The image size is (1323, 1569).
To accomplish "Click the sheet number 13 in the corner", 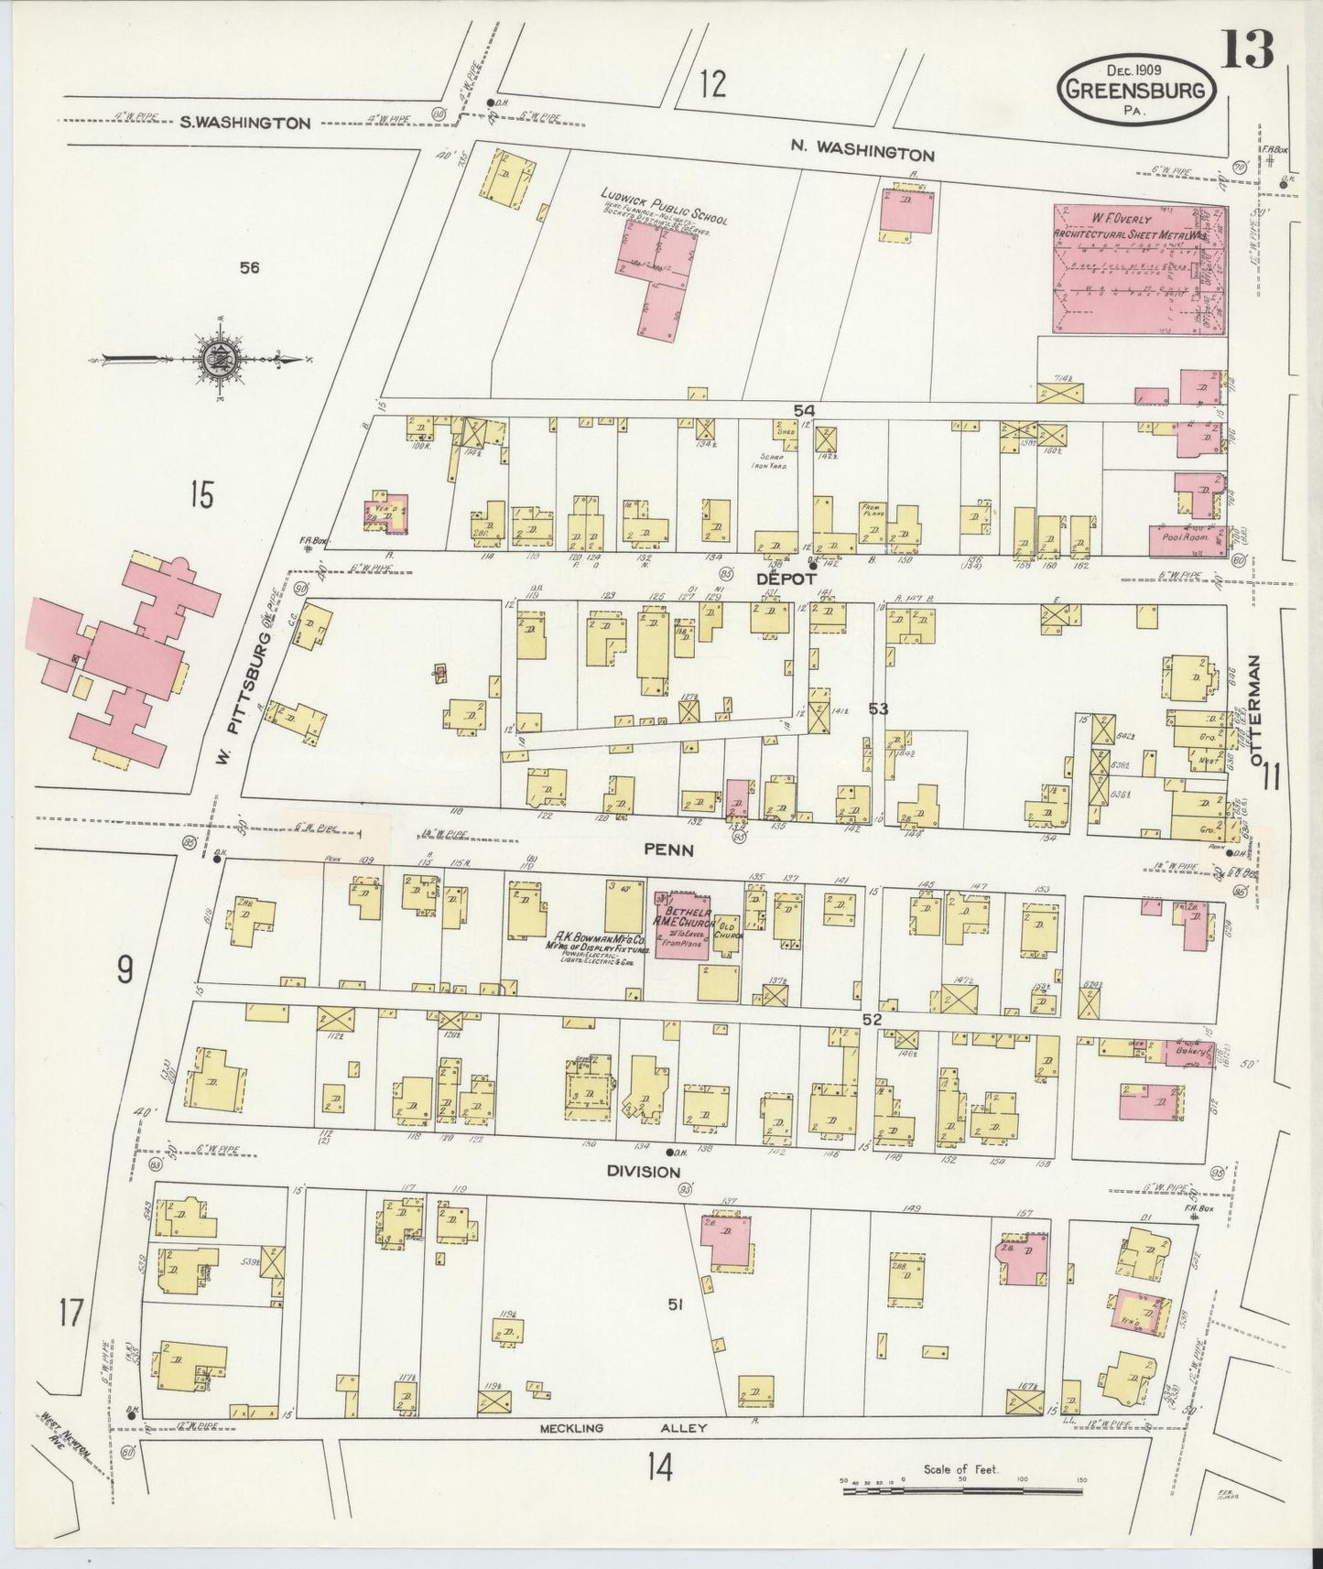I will [x=1271, y=51].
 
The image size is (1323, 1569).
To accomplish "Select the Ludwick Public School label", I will [x=663, y=206].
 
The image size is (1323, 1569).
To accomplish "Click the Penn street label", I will [x=669, y=849].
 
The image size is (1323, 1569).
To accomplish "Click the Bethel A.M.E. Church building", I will [x=680, y=925].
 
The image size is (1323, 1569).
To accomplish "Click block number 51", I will [x=676, y=1304].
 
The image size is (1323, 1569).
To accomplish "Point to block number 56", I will [x=249, y=267].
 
